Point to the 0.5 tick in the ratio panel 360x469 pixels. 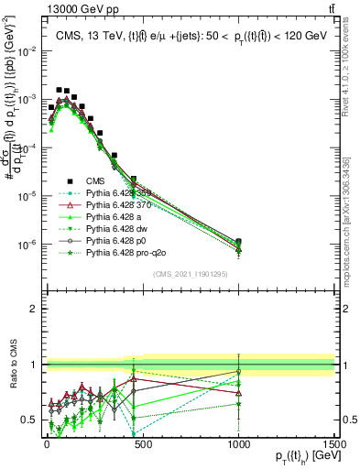27,420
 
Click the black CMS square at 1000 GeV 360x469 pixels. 238,242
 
